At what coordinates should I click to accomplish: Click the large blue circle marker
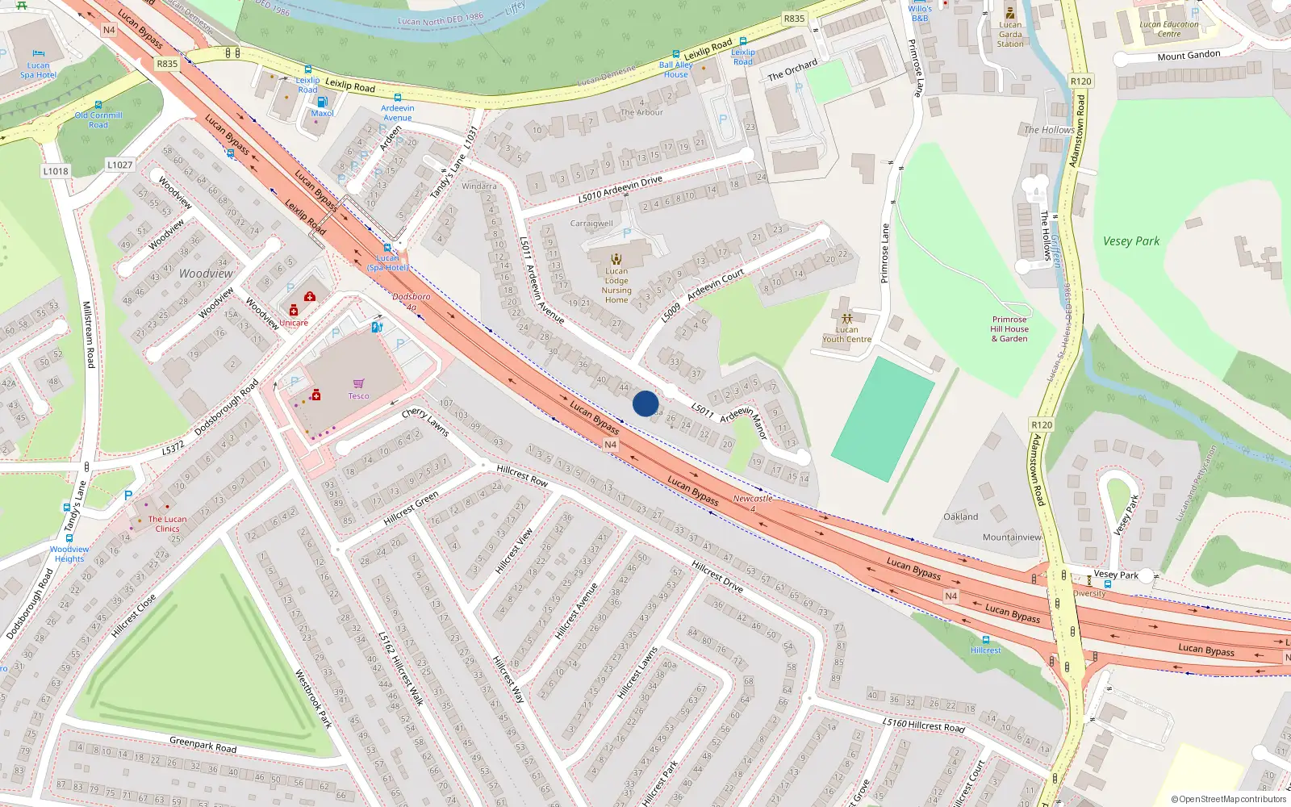(x=645, y=403)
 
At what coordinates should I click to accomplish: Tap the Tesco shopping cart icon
(x=358, y=383)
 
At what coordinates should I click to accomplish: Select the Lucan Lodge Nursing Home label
(x=616, y=286)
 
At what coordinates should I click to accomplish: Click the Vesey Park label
(x=1130, y=240)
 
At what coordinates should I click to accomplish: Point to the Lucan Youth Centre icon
(x=846, y=319)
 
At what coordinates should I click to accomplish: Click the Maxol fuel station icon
(x=322, y=102)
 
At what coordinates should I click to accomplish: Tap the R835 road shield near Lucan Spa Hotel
(x=167, y=64)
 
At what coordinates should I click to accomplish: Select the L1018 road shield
(x=56, y=171)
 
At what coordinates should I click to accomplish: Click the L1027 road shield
(x=119, y=165)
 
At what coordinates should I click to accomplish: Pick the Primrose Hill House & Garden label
(x=1009, y=329)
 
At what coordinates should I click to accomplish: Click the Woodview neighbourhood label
(x=206, y=274)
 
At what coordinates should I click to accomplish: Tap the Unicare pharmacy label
(x=294, y=323)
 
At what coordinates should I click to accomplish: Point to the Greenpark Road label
(x=203, y=744)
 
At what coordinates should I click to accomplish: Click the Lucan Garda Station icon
(x=1009, y=13)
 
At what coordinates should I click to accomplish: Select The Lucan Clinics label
(x=167, y=524)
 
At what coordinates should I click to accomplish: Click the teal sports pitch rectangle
(x=883, y=420)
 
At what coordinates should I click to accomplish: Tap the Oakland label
(x=960, y=516)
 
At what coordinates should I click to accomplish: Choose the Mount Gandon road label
(x=1189, y=55)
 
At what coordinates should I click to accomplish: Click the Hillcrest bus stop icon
(x=985, y=640)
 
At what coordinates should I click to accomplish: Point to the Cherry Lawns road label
(x=424, y=422)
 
